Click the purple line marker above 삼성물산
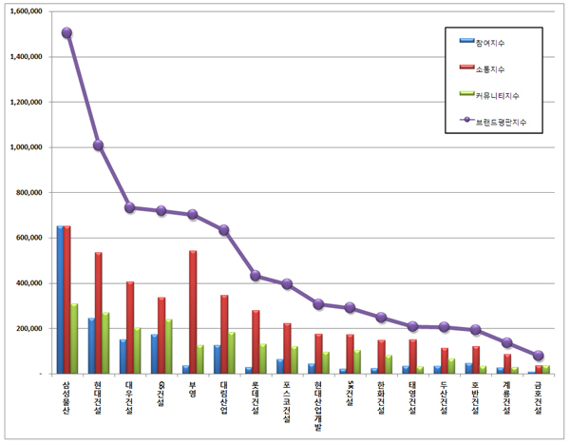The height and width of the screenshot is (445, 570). [x=66, y=32]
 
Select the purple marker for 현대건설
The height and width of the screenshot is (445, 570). [x=98, y=145]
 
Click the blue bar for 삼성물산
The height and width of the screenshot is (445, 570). [x=60, y=300]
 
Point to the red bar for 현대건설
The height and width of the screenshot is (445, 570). [x=98, y=313]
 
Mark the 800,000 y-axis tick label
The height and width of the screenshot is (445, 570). [x=29, y=192]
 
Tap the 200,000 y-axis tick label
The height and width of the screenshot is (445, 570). [x=29, y=328]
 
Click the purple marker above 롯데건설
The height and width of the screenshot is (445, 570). [x=256, y=276]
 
